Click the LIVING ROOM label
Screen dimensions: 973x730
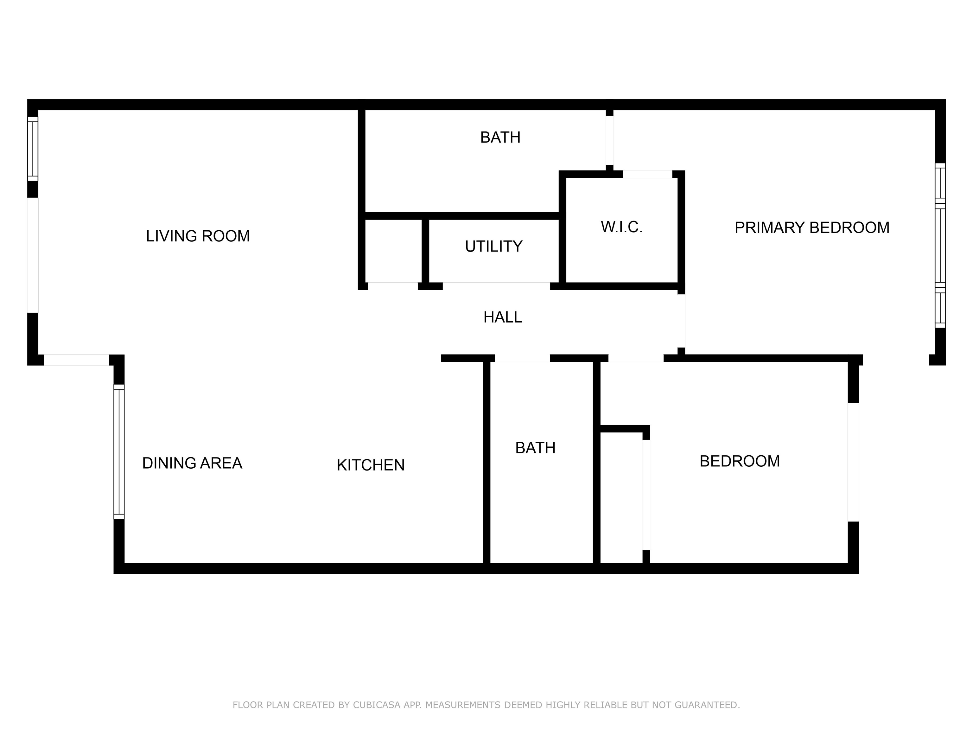click(198, 236)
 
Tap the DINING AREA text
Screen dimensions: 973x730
click(192, 463)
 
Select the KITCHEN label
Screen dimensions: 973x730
click(370, 465)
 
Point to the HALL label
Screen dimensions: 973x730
click(503, 317)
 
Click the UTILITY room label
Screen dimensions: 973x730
click(493, 247)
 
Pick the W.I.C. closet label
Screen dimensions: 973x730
click(621, 227)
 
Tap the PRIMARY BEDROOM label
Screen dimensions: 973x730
click(812, 227)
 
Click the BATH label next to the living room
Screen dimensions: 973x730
click(500, 137)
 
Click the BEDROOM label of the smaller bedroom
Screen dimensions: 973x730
click(740, 461)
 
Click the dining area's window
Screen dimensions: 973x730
click(119, 452)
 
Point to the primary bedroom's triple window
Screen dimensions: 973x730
click(940, 246)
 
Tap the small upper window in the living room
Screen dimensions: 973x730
click(33, 149)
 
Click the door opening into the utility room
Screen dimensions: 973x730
click(496, 286)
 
